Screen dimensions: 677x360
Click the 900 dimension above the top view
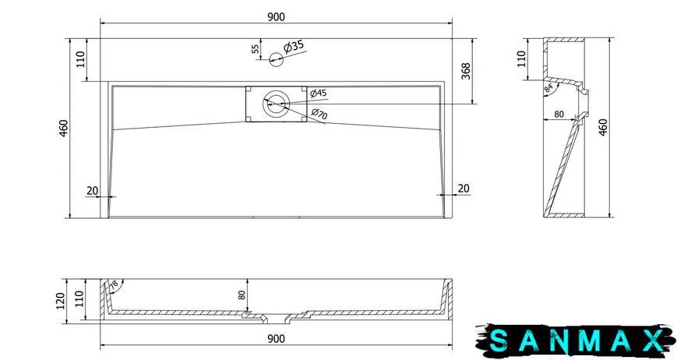276,17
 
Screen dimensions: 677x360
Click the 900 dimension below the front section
276,339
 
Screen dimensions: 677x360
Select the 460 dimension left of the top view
63,129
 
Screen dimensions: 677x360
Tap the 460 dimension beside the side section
603,127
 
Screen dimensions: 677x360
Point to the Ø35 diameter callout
294,47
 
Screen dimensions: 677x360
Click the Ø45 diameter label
319,93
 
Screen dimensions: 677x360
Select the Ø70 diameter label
319,114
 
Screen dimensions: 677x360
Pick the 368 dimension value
466,71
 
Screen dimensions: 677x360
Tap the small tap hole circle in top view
276,59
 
